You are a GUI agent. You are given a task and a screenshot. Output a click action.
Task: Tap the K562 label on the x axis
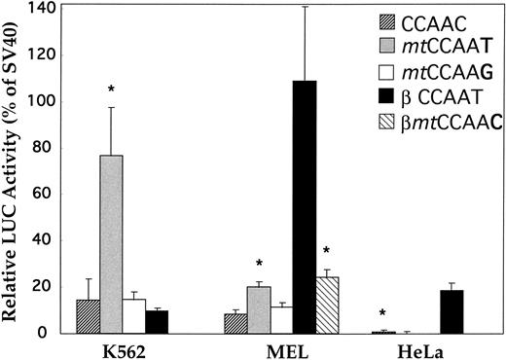pyautogui.click(x=122, y=347)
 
